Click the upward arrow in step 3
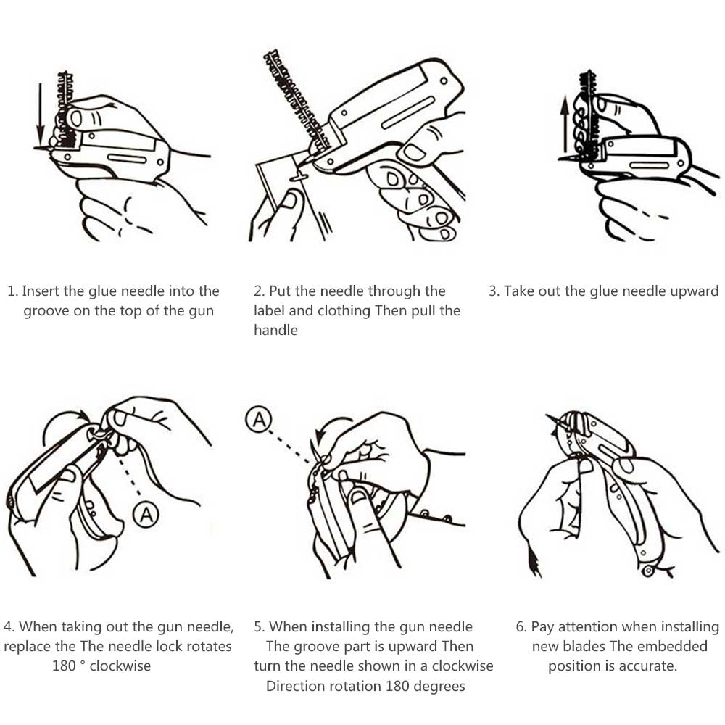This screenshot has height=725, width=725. click(564, 124)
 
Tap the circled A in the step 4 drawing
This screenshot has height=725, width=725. click(146, 514)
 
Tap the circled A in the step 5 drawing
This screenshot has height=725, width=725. click(259, 419)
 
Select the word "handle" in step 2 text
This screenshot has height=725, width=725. click(275, 330)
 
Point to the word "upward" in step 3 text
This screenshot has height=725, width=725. click(695, 291)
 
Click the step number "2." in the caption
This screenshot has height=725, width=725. click(259, 291)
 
